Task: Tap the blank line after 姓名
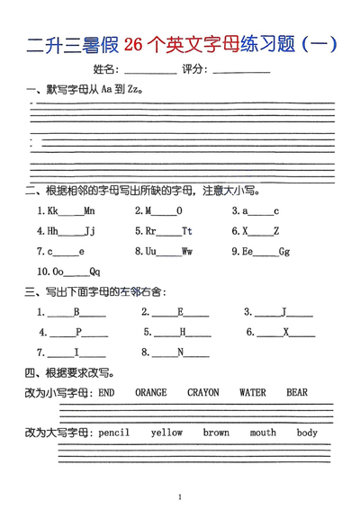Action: coord(150,71)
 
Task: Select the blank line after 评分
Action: coord(240,71)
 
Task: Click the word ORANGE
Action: coord(151,393)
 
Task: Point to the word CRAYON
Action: coord(203,393)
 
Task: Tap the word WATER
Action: coord(253,393)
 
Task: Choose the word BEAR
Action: coord(297,393)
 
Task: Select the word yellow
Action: coord(166,433)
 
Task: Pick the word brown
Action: coord(216,433)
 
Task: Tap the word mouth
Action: coord(263,433)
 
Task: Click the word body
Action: coord(307,433)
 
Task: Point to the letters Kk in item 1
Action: coord(53,211)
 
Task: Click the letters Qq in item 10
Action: coord(95,272)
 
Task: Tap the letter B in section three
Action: coord(77,313)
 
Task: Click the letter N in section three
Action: coord(180,353)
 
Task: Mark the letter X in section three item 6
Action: coord(286,333)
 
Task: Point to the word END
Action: coord(106,393)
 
